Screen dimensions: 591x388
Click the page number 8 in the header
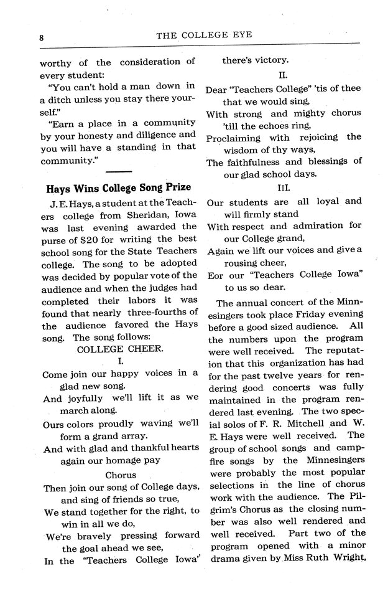(41, 37)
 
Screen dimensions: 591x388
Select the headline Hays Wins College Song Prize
(119, 187)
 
